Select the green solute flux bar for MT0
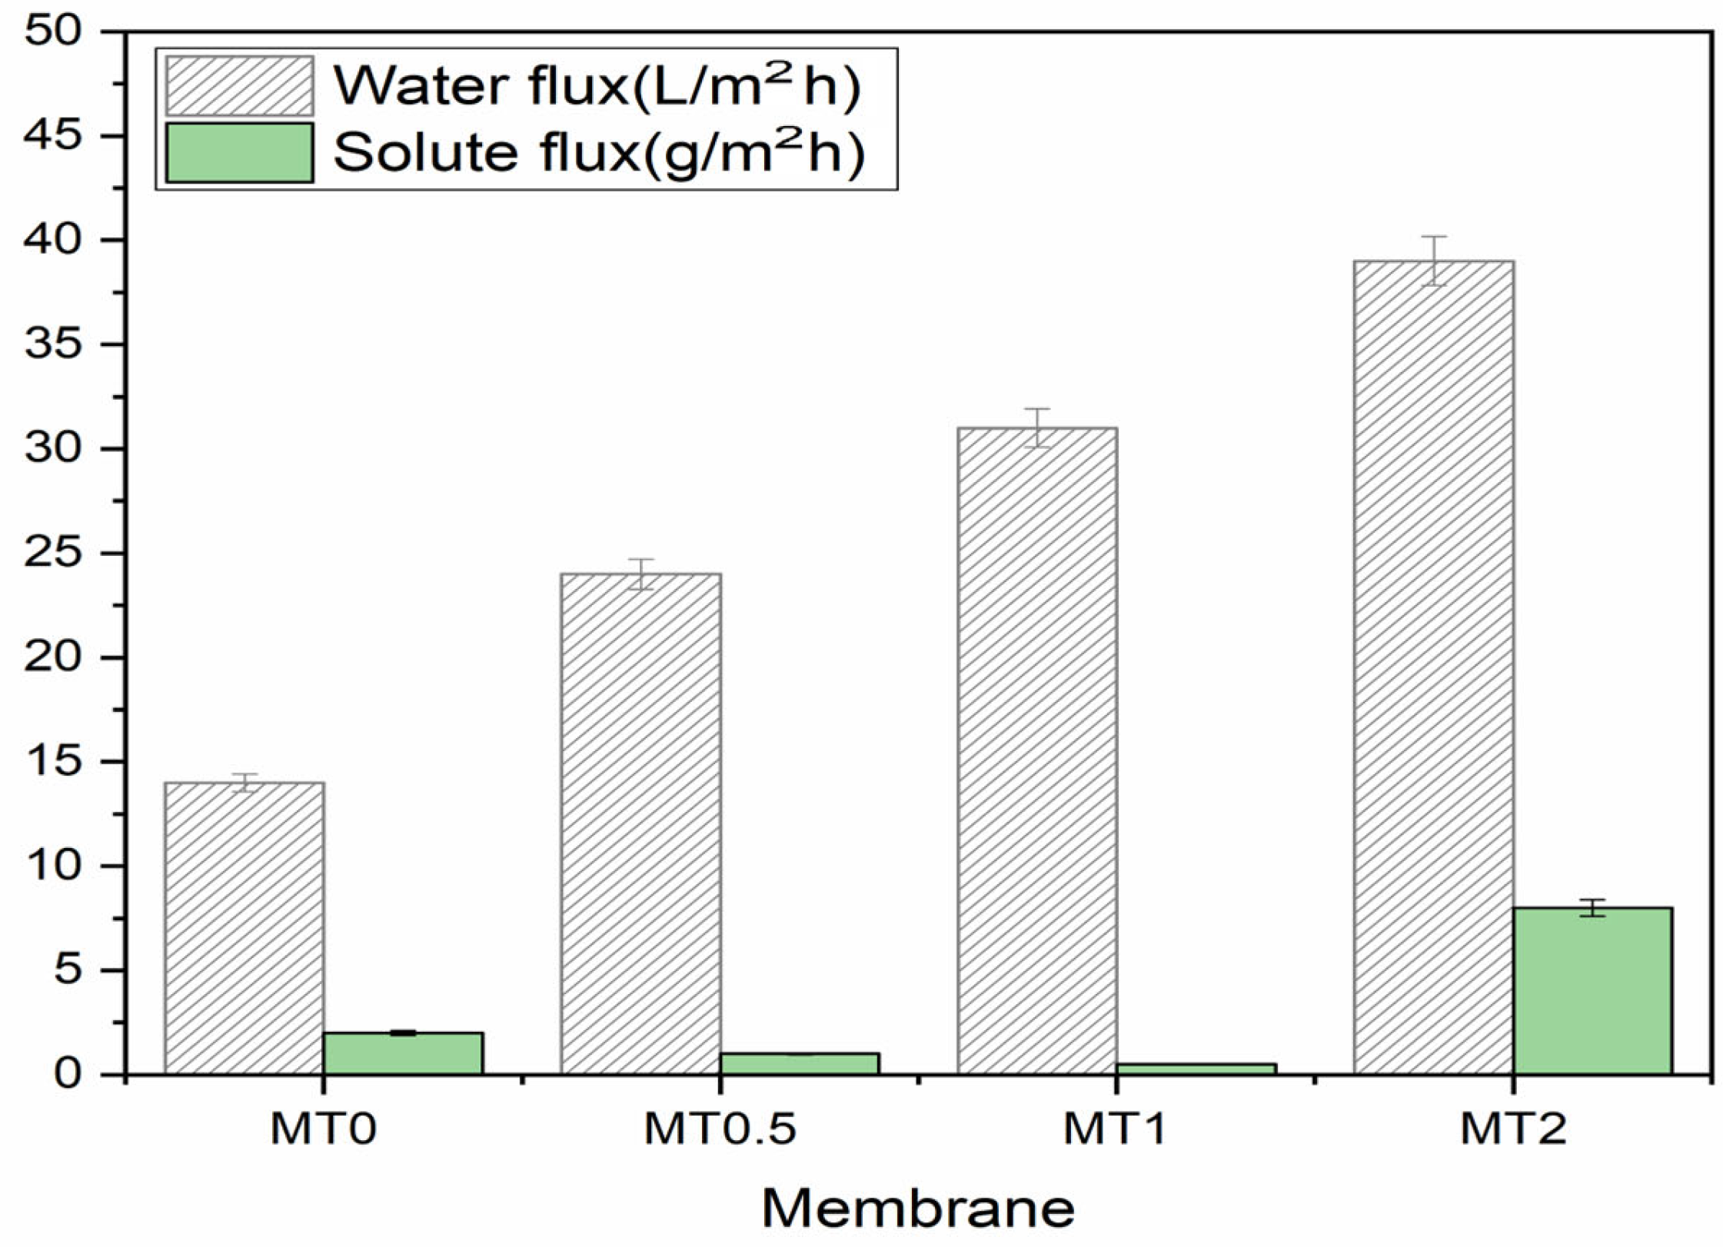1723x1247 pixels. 403,1052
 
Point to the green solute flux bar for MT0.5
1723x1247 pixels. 799,1063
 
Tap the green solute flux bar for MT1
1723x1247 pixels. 1196,1069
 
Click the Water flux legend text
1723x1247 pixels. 597,86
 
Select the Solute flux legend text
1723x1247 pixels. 599,152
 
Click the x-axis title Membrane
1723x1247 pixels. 918,1209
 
